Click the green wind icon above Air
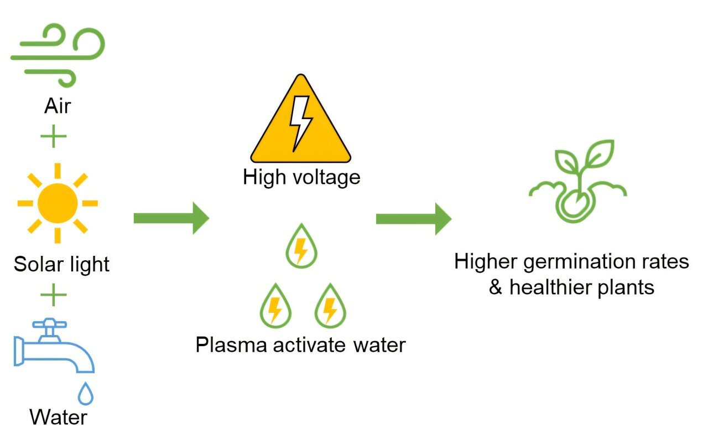[x=58, y=54]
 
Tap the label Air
[x=58, y=105]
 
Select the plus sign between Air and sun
[x=54, y=136]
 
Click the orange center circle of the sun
[x=58, y=203]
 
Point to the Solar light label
[x=61, y=264]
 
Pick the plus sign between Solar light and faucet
[x=54, y=296]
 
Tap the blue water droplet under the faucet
[x=86, y=394]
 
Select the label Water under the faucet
[x=58, y=417]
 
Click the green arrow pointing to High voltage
[x=171, y=218]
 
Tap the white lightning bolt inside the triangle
[x=301, y=122]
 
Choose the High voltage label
[x=301, y=178]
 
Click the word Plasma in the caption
[x=231, y=345]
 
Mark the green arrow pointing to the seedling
[x=413, y=218]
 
